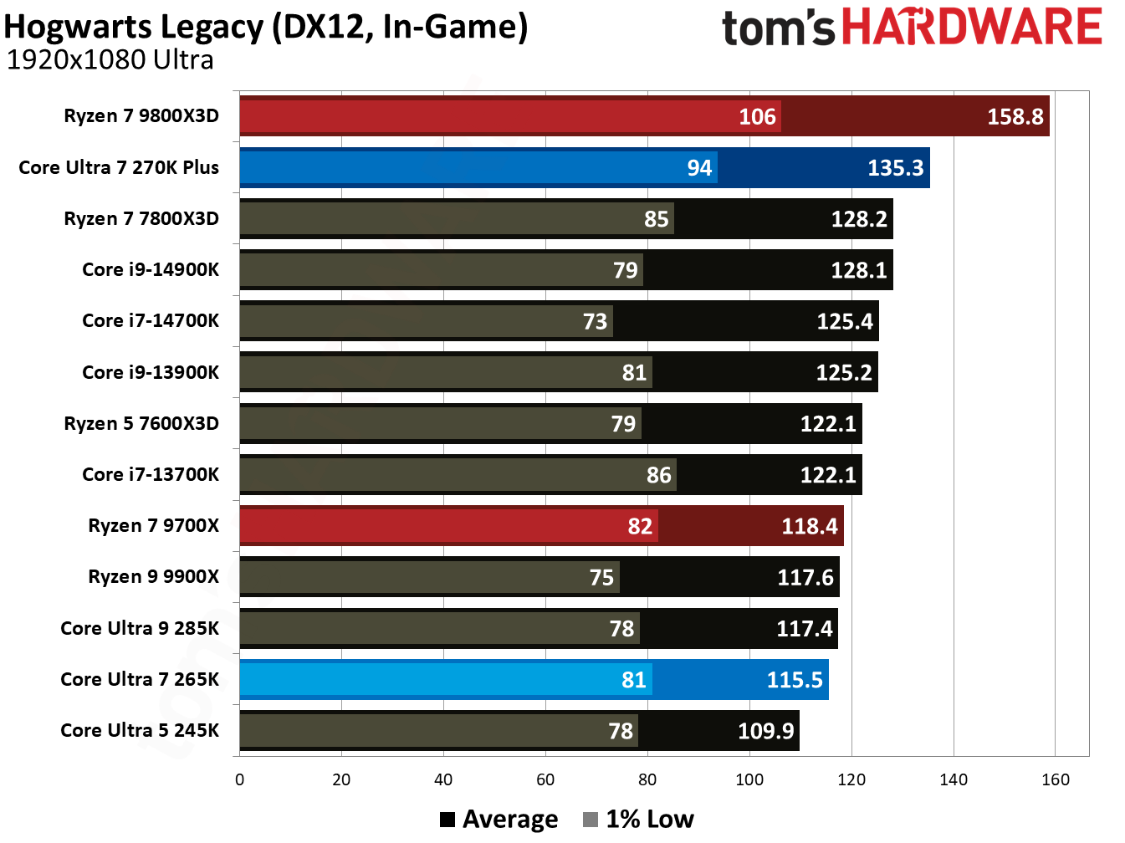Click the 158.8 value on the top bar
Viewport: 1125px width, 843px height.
(1015, 116)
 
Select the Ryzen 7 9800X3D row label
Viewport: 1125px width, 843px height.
(141, 116)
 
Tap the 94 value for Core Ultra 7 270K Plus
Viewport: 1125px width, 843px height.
(699, 168)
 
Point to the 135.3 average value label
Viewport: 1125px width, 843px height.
(895, 168)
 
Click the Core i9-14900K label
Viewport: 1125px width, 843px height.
(151, 270)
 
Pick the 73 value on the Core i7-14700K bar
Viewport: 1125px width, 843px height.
(595, 322)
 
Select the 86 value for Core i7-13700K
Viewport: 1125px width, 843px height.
(658, 475)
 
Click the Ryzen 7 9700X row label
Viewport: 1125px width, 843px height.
(153, 526)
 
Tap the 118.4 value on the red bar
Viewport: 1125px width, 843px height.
(809, 526)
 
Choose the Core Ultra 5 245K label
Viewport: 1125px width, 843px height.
(140, 731)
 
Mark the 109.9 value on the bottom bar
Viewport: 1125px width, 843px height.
(765, 731)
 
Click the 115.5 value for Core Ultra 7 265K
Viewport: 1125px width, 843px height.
(795, 680)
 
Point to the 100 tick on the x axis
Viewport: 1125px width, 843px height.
(749, 780)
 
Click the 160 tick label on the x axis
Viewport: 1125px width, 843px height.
(1055, 780)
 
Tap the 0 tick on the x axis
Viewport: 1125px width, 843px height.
(240, 780)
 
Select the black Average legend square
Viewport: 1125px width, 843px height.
(447, 820)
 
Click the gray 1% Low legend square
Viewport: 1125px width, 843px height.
(591, 820)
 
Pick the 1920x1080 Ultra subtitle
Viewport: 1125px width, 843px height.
(110, 60)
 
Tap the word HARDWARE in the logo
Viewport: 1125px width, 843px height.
(971, 27)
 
